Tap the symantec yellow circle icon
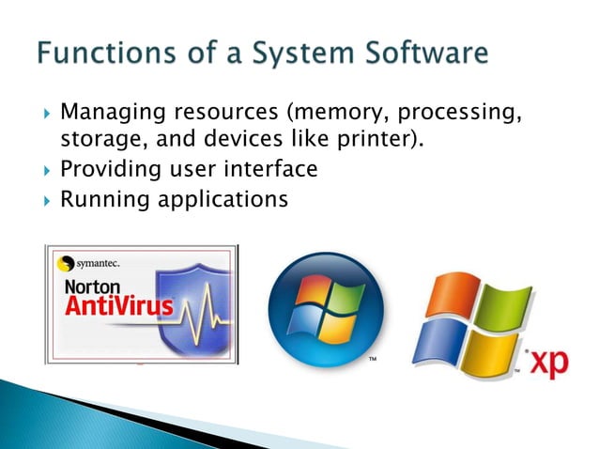66,264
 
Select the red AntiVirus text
118,308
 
